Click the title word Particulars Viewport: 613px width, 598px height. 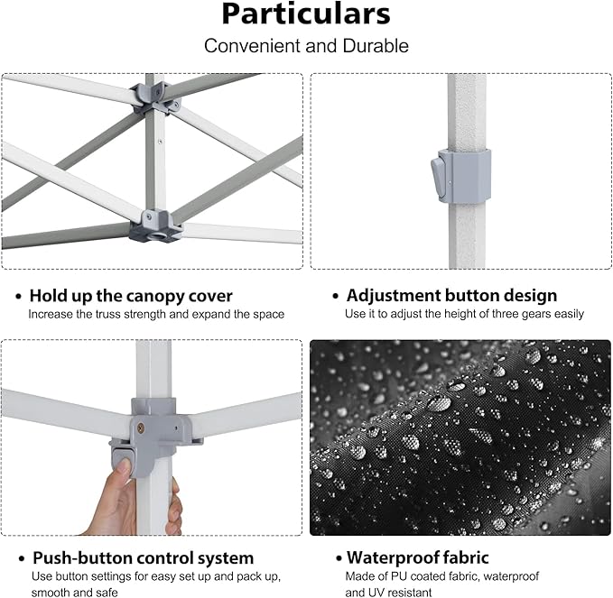coord(306,15)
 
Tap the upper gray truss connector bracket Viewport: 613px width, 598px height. coord(151,96)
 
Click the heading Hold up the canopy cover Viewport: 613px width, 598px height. coord(131,296)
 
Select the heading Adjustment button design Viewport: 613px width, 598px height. coord(451,296)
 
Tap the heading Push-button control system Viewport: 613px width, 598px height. coord(143,558)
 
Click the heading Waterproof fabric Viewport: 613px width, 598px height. coord(418,558)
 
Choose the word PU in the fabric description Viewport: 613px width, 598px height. coord(406,576)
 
